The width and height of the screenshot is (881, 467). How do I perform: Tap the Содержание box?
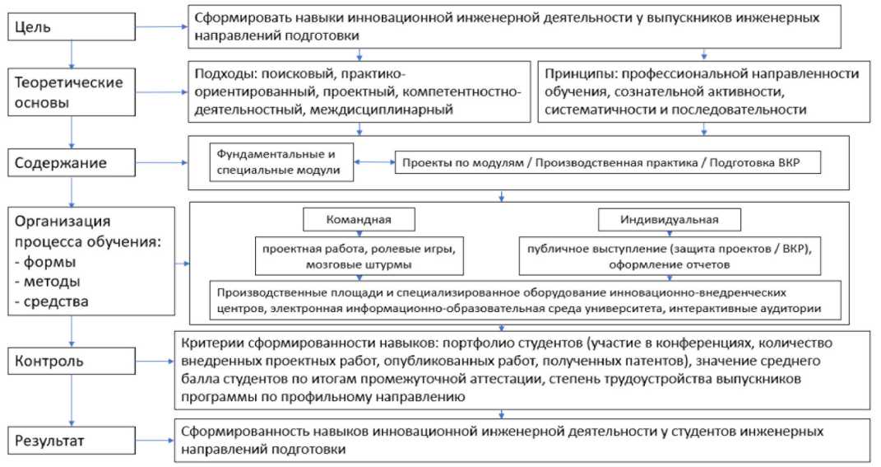pyautogui.click(x=73, y=161)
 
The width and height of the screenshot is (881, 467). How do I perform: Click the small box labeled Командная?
pyautogui.click(x=359, y=220)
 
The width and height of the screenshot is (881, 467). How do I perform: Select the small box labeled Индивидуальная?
pyautogui.click(x=669, y=220)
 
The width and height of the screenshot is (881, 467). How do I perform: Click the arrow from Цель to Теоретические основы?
pyautogui.click(x=73, y=53)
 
